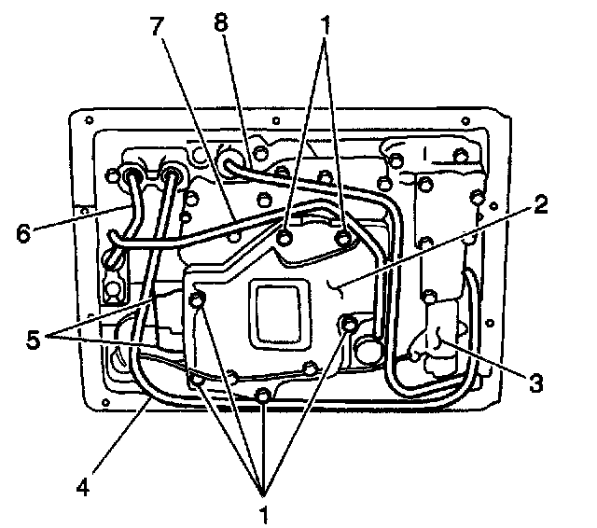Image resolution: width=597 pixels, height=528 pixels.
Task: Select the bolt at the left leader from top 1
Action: point(286,240)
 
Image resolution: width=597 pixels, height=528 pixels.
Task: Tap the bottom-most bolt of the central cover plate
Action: point(264,396)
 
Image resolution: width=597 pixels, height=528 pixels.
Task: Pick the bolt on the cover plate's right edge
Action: point(349,325)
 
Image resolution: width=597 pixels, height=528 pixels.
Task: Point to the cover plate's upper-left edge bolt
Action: point(197,299)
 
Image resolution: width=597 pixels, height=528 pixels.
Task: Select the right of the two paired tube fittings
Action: point(172,174)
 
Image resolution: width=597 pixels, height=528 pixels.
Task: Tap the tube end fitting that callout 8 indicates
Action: point(228,152)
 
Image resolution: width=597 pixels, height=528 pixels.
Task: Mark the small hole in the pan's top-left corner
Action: point(88,120)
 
